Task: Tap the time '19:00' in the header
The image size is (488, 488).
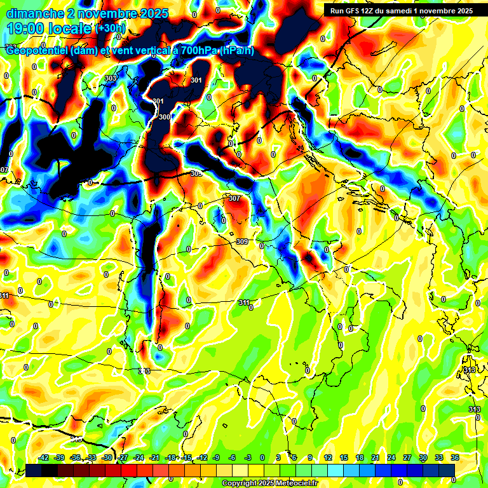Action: click(25, 29)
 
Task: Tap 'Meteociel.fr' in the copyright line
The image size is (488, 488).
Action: click(293, 484)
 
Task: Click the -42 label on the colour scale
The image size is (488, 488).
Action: click(44, 457)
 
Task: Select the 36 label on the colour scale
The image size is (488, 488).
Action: click(455, 457)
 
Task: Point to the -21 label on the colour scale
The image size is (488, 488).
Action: click(155, 457)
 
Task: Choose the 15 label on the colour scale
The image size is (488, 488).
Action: click(344, 457)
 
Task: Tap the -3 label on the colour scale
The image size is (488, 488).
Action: click(249, 457)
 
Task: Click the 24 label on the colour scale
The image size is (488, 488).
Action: click(391, 457)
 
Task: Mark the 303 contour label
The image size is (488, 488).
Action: click(111, 78)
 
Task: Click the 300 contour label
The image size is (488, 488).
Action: click(165, 117)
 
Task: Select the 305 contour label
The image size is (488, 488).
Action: click(196, 173)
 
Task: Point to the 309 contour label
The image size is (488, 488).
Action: click(242, 241)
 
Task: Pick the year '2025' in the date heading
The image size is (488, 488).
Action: click(153, 13)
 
